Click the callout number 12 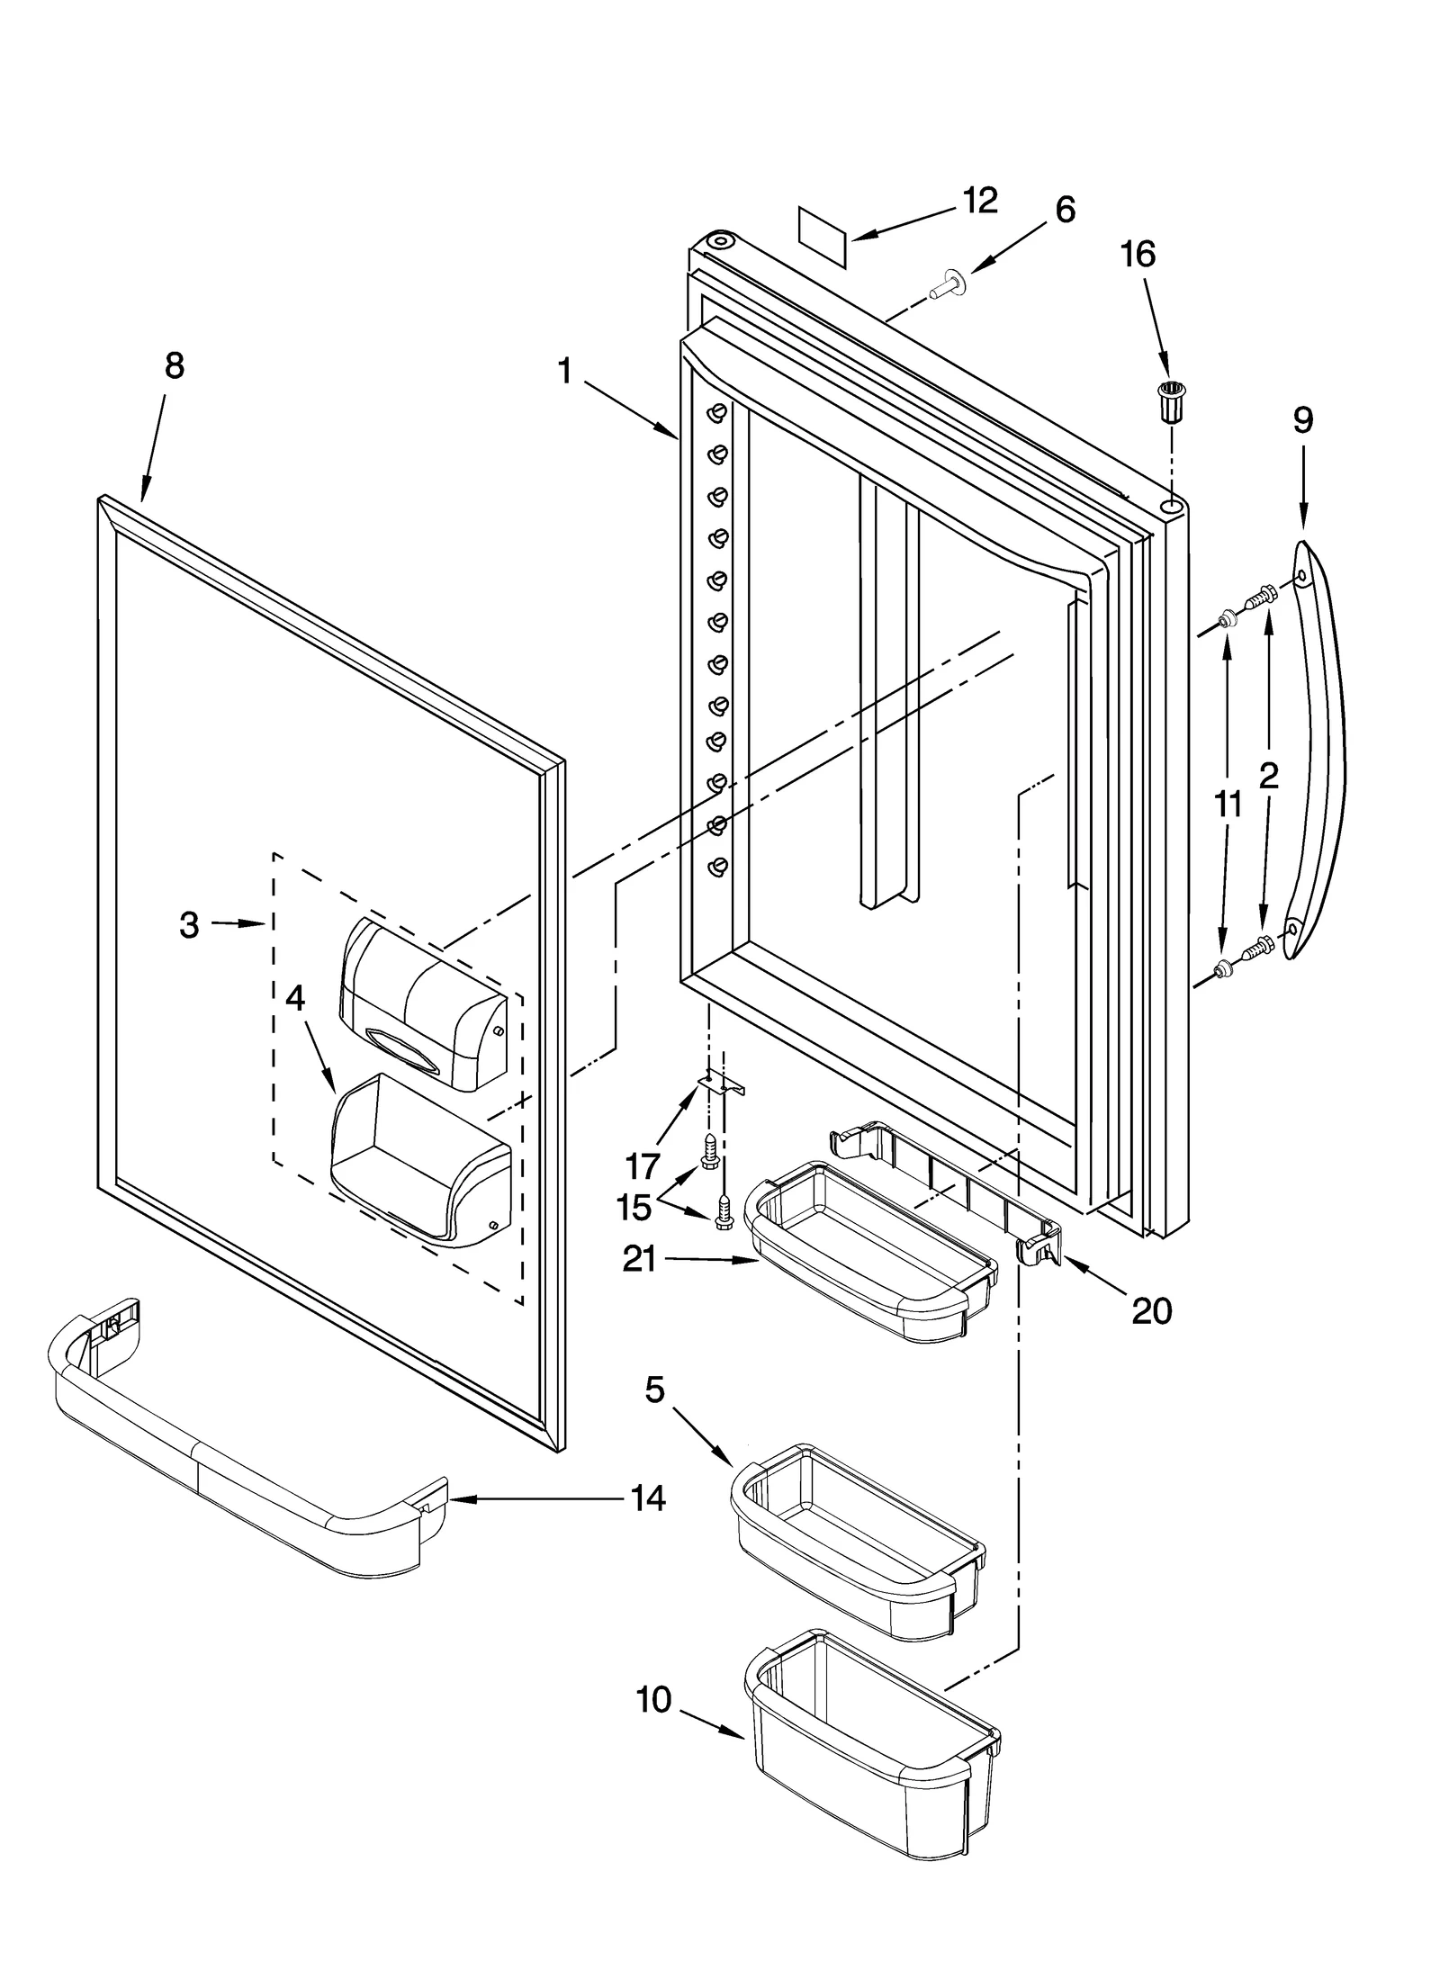click(979, 201)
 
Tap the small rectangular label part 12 click(823, 236)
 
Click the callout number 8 click(174, 366)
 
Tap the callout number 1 click(565, 372)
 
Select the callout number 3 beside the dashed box click(188, 925)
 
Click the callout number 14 click(648, 1498)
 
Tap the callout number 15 click(634, 1208)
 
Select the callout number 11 click(1228, 804)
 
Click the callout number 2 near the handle click(1268, 776)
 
